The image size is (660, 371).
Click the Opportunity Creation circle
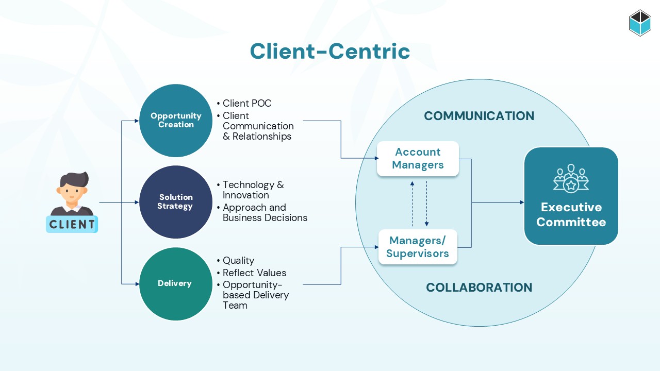pos(176,121)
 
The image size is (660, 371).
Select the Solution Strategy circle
pos(176,202)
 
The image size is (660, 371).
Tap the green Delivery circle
pos(176,284)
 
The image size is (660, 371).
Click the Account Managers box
pos(418,159)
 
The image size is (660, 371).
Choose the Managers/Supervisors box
pos(418,247)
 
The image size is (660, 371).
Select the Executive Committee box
pos(571,196)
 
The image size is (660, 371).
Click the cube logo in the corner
pos(640,23)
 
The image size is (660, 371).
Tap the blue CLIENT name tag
pos(72,224)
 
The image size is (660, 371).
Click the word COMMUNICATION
pos(479,116)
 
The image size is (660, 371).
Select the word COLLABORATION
pos(479,288)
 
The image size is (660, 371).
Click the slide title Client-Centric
pos(330,51)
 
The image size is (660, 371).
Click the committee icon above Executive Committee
pos(571,178)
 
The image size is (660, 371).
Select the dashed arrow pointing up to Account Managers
pos(412,204)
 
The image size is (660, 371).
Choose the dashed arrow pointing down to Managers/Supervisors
pos(426,204)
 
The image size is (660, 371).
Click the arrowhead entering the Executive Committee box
pos(522,203)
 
